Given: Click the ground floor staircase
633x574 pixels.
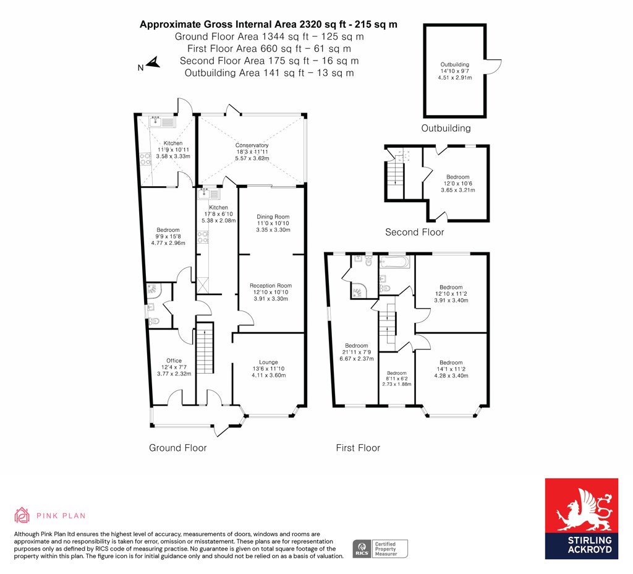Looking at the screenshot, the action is pos(205,348).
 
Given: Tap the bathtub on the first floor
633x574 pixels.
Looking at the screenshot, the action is pos(394,262).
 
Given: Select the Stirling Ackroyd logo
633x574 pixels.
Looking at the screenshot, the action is pos(581,519).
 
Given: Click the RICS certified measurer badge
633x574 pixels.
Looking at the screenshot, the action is pos(380,549).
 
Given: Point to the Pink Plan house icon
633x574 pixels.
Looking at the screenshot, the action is pos(22,515).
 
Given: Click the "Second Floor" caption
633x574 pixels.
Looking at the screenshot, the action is pos(414,233).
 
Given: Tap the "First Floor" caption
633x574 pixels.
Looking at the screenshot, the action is pos(358,448).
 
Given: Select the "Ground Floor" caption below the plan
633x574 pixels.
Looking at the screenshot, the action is pos(177,448).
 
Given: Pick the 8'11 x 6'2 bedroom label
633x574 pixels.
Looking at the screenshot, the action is pos(397,379).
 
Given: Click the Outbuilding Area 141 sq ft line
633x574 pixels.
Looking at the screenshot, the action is pos(270,73).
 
